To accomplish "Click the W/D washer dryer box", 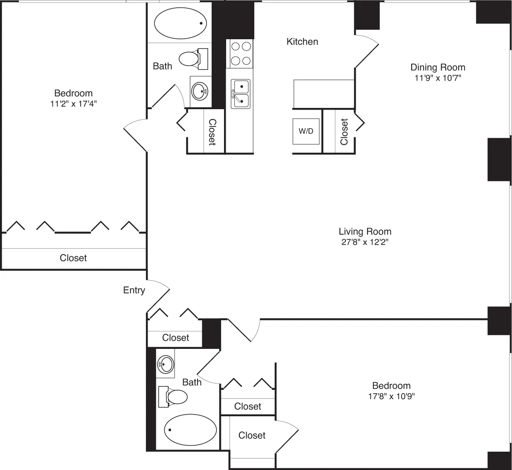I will [x=306, y=131].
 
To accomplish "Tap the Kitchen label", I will [x=302, y=42].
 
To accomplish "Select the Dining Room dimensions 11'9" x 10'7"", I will [x=438, y=78].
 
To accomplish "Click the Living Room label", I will [x=365, y=232].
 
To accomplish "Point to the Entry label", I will [x=134, y=290].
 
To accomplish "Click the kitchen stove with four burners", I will [x=240, y=53].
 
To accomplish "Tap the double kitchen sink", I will [x=241, y=93].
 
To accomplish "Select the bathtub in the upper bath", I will [x=180, y=23].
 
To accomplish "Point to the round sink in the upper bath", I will [x=200, y=91].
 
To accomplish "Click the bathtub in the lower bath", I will [x=190, y=429].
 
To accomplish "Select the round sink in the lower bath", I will [x=166, y=364].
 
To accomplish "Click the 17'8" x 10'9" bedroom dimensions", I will [x=391, y=396].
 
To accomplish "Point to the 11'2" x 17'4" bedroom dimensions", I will [x=73, y=104].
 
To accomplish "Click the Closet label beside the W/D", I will [x=344, y=131].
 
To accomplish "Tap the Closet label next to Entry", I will [x=175, y=338].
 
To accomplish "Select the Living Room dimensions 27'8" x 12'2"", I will [x=365, y=242].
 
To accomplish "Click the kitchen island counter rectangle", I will [x=324, y=94].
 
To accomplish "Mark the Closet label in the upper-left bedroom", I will [x=73, y=258].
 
